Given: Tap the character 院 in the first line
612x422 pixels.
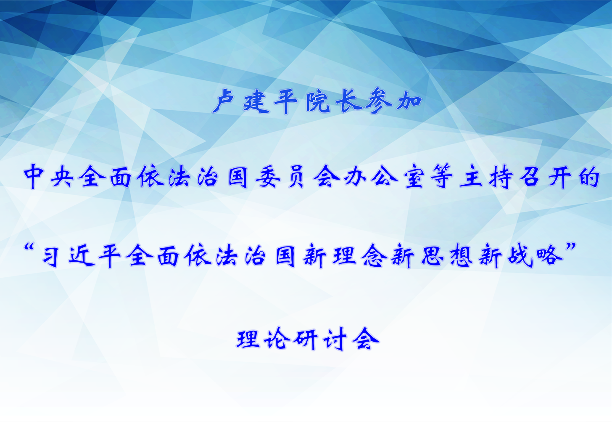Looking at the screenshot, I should point(318,102).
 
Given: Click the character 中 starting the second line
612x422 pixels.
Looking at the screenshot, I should point(34,177).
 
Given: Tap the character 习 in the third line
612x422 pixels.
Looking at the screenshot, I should point(52,256).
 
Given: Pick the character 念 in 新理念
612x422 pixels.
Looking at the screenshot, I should point(374,256).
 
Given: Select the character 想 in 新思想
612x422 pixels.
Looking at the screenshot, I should point(461,256).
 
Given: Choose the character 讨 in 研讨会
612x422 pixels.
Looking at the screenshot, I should point(335,339).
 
